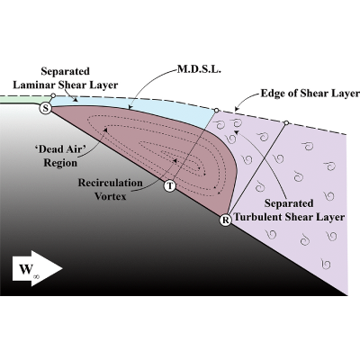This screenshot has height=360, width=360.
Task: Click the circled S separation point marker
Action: [45, 108]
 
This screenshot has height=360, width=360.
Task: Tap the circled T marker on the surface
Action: [170, 186]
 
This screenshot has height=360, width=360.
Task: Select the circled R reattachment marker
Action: [225, 220]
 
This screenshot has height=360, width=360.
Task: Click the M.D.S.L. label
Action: [199, 69]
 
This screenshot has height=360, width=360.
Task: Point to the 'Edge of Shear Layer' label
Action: [310, 94]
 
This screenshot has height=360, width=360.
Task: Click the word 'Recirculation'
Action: [111, 183]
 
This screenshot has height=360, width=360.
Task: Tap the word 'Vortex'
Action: [111, 196]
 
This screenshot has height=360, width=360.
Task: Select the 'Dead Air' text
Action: [58, 149]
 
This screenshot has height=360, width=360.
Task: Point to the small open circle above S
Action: [53, 95]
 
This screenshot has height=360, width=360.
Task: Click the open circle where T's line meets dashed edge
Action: [216, 111]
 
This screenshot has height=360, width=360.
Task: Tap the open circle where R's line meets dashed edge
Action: [286, 122]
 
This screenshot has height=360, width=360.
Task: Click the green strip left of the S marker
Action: [24, 100]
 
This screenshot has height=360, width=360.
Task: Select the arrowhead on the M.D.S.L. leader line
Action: [130, 106]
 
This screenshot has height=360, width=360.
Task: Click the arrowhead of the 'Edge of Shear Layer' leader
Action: [237, 110]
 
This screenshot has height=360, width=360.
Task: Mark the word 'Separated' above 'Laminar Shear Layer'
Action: [66, 71]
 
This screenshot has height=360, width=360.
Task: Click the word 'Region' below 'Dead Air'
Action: [60, 163]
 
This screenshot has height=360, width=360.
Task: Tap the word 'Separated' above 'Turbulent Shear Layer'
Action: [289, 203]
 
